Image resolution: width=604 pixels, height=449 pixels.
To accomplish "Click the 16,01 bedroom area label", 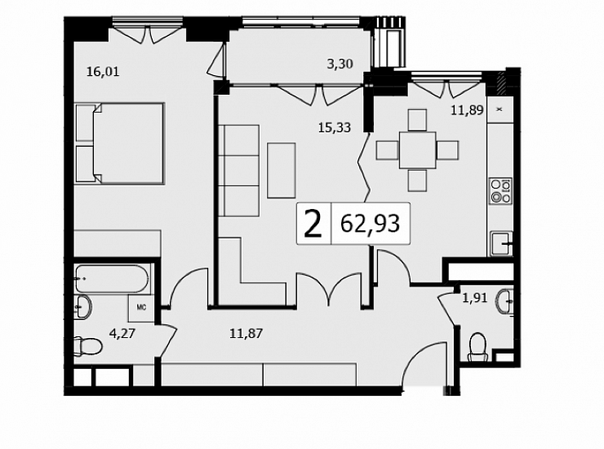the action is point(103,72).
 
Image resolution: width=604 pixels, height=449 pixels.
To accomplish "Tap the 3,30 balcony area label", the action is point(340,64).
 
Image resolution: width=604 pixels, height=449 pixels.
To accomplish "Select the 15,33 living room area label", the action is point(335,127).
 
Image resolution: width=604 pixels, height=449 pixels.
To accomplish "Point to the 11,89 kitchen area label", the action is point(467,110).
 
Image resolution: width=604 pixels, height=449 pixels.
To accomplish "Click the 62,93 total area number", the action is point(371,224).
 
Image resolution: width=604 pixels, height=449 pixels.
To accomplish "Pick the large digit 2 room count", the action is point(313,224).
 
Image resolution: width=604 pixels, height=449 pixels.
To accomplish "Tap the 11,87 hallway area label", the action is point(246,333).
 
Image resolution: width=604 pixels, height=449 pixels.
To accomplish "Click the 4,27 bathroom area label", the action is point(122,333).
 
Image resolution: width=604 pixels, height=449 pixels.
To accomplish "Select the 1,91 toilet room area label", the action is point(475,298).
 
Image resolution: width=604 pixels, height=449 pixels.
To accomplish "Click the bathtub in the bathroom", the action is point(112,278).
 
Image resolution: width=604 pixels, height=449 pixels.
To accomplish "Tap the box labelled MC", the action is point(141,309).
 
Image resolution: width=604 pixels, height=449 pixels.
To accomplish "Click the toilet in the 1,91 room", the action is point(478,347).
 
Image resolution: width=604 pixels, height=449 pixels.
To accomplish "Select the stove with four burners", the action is point(501,191).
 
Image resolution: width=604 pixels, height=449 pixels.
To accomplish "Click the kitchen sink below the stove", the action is point(501,243).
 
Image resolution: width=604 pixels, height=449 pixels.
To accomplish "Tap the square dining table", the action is point(418,150).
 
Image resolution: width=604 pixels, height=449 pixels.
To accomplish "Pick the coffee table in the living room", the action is point(282,171).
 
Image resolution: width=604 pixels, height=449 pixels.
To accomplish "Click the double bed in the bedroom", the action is point(120,143).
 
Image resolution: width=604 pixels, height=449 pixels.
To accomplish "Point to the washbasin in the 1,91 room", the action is point(506,301).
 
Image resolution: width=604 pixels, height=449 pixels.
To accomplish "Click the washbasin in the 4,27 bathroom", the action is point(82,307).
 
